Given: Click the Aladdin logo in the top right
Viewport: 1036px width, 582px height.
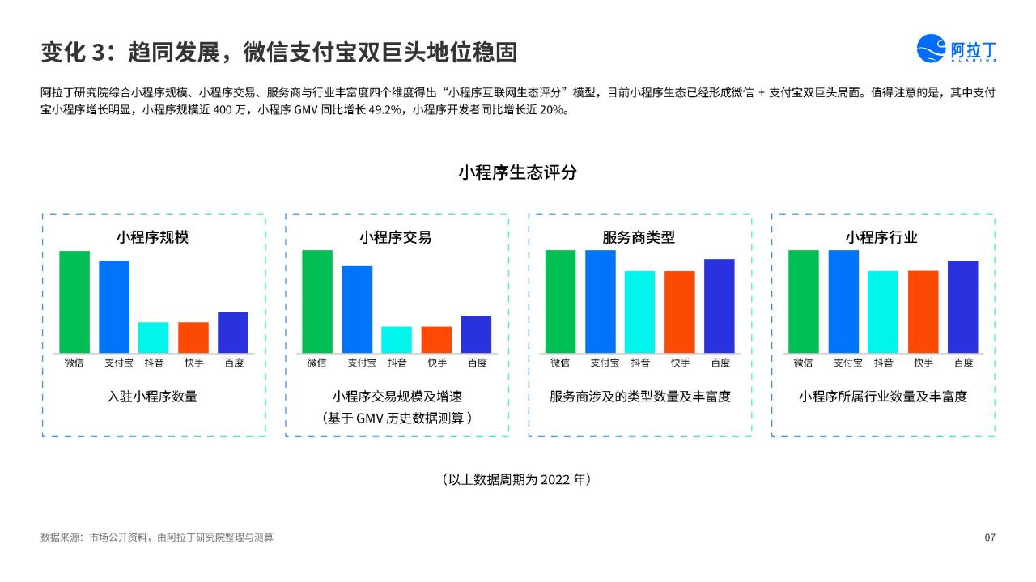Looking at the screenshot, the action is point(956,48).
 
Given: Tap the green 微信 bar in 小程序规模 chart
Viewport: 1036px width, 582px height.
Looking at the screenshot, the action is point(74,302).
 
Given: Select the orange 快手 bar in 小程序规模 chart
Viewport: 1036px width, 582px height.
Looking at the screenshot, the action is point(193,338).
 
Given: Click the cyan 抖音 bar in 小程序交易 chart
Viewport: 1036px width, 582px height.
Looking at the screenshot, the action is point(397,340).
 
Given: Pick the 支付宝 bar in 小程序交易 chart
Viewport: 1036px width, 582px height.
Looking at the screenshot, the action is point(357,309).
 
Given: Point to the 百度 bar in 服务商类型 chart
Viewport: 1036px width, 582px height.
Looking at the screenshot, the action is point(720,306).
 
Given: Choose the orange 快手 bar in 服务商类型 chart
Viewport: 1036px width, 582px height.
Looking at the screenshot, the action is point(679,312).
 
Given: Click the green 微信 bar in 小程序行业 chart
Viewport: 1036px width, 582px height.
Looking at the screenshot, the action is point(804,302).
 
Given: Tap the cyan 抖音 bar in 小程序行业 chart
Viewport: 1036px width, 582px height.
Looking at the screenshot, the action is point(883,312).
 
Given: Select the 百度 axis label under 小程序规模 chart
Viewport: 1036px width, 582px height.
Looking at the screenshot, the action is point(234,363).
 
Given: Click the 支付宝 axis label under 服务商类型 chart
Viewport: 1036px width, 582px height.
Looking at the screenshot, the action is point(605,363).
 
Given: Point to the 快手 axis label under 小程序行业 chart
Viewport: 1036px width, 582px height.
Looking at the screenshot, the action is point(923,363).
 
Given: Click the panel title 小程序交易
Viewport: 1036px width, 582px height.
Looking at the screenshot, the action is point(396,237).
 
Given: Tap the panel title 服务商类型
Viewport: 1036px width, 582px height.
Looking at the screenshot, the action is point(639,237).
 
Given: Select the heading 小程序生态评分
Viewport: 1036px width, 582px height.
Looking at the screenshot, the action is point(518,172).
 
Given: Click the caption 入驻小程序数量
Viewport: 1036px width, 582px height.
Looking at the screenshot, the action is point(152,397).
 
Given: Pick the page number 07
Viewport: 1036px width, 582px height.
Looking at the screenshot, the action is point(990,537).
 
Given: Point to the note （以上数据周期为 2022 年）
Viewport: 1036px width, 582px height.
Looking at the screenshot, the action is point(517,479).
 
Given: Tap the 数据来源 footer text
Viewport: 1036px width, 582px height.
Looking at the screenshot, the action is point(157,537).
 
